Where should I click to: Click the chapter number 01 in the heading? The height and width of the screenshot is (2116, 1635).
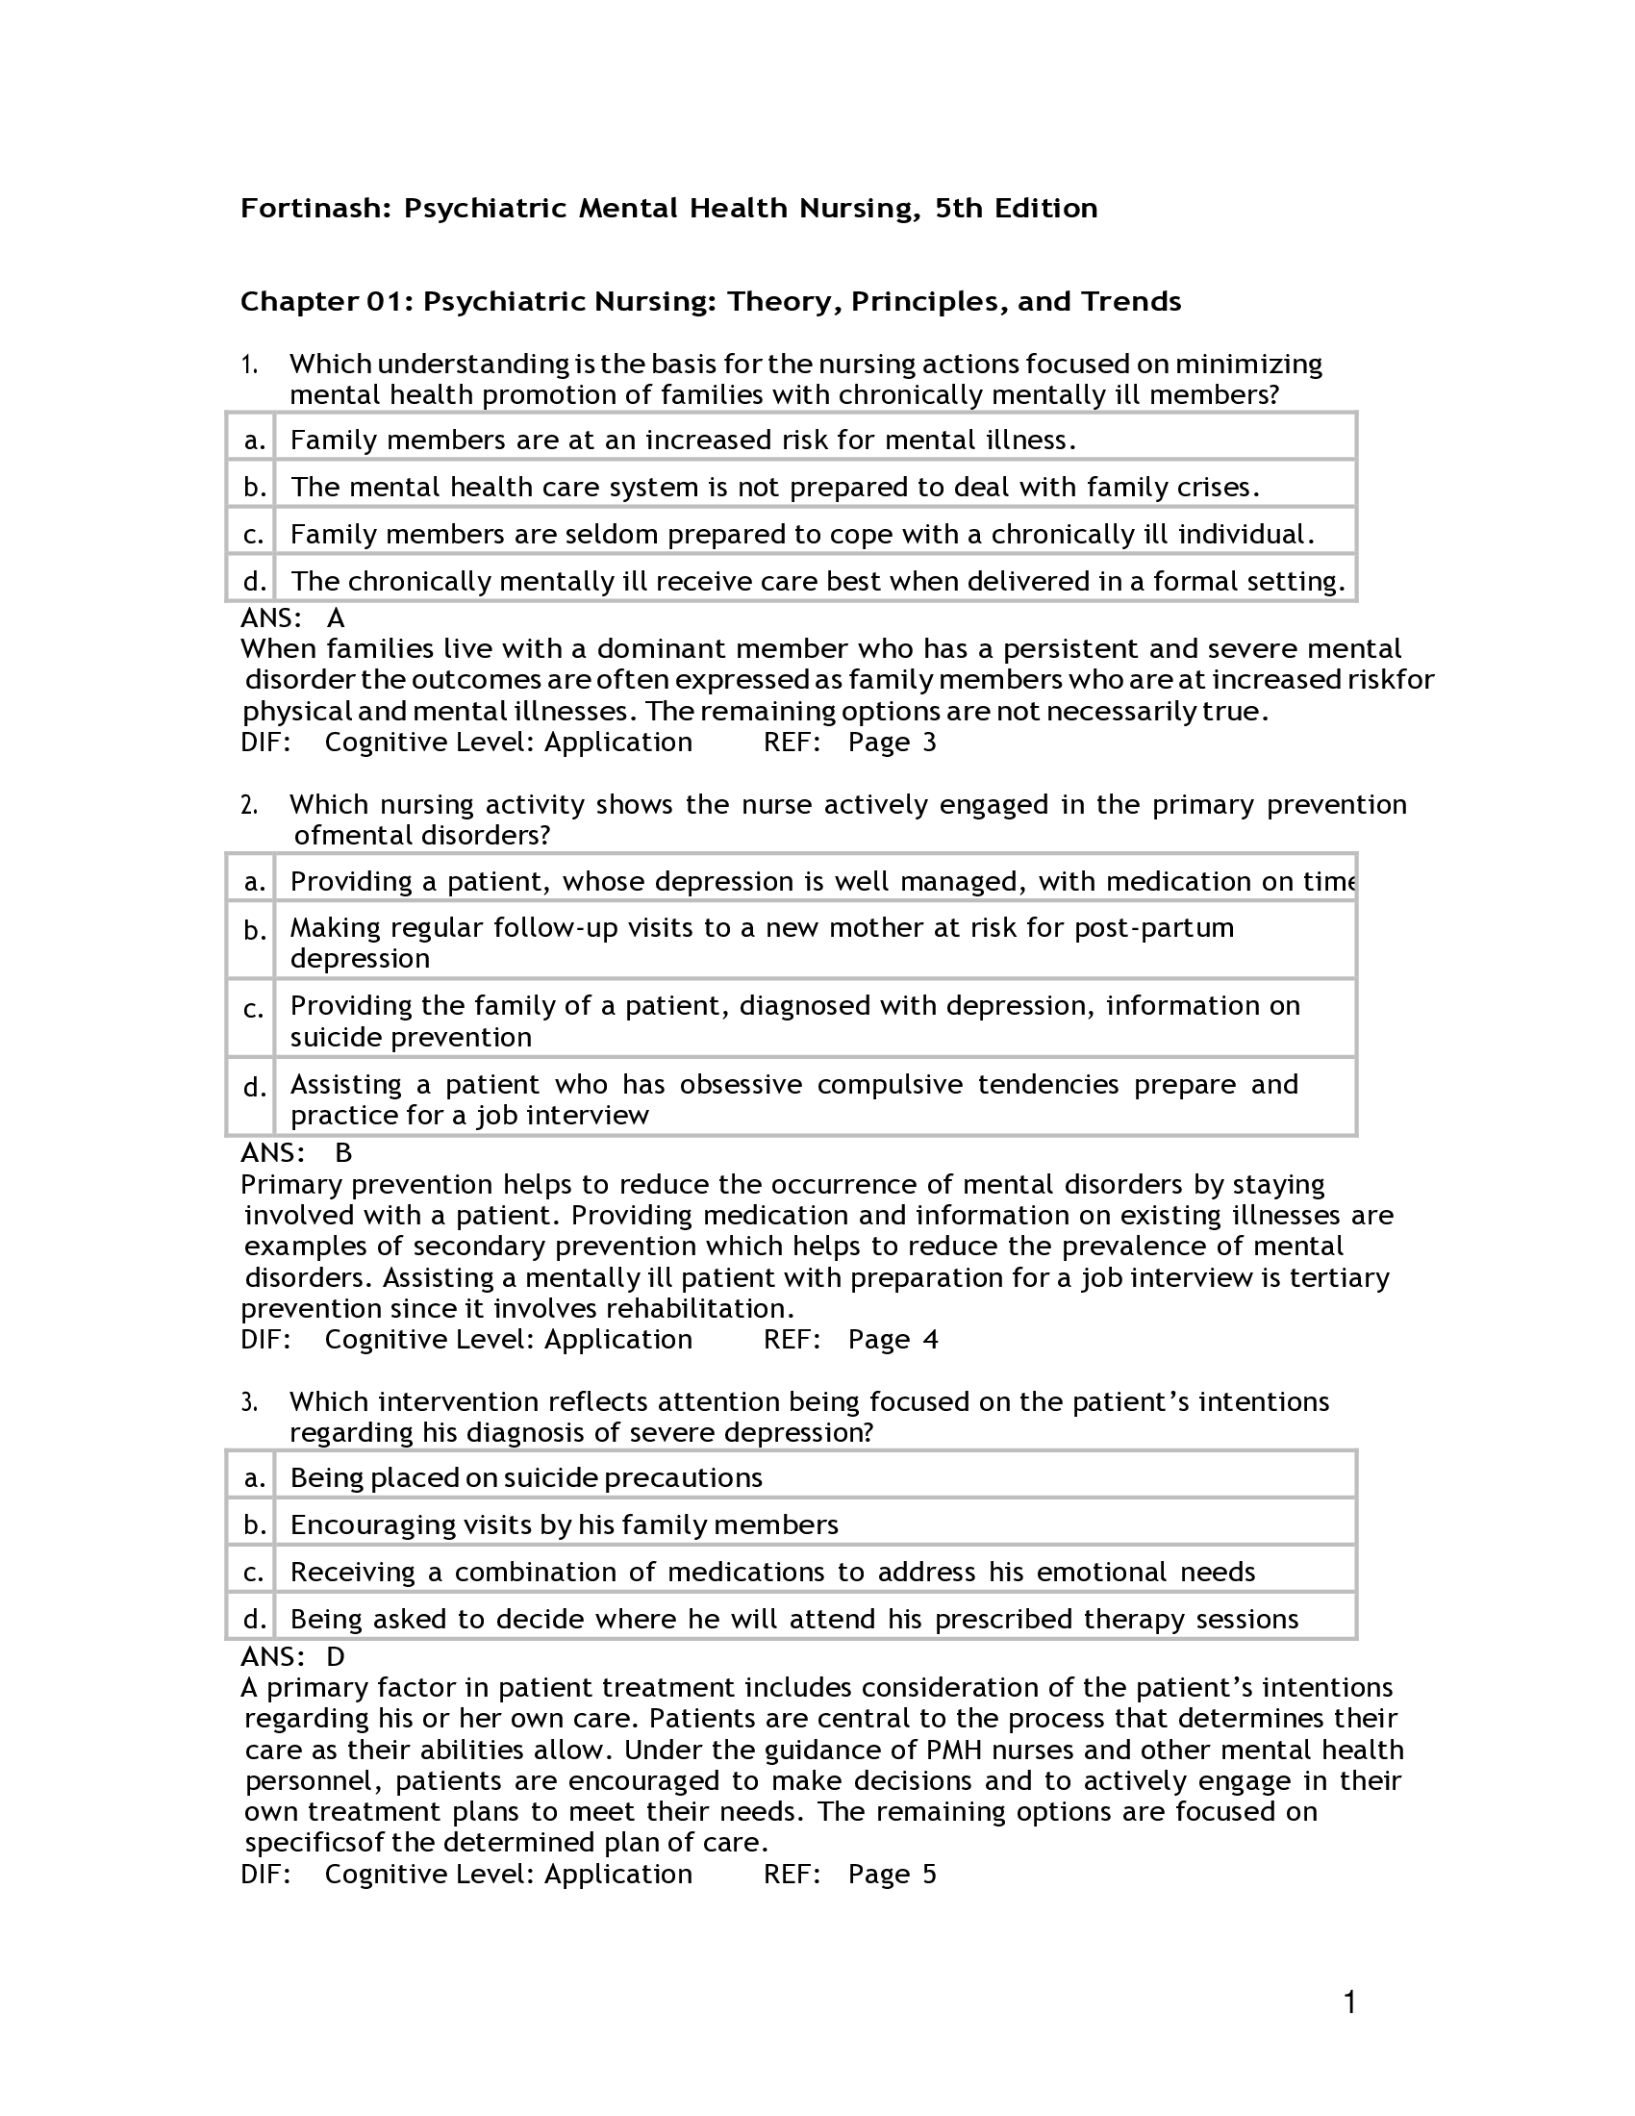[x=388, y=302]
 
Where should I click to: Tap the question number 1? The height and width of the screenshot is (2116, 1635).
[x=249, y=365]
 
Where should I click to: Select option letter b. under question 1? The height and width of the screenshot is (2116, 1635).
[x=254, y=488]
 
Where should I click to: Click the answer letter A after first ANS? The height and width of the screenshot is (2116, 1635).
[x=336, y=618]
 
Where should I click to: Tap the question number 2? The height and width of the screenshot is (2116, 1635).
[x=249, y=805]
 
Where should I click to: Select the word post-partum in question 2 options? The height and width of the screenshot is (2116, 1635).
[x=1153, y=927]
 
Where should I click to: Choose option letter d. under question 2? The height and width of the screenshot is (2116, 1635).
[x=254, y=1088]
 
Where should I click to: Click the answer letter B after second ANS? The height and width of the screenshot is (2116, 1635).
[x=343, y=1153]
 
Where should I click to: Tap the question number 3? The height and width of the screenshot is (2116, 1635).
[x=249, y=1402]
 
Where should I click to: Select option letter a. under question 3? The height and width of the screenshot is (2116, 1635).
[x=254, y=1477]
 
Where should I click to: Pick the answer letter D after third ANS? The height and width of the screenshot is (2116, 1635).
[x=336, y=1657]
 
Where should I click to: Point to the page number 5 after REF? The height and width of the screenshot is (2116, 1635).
[x=929, y=1874]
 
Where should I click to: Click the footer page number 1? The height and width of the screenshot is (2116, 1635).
[x=1349, y=2002]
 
